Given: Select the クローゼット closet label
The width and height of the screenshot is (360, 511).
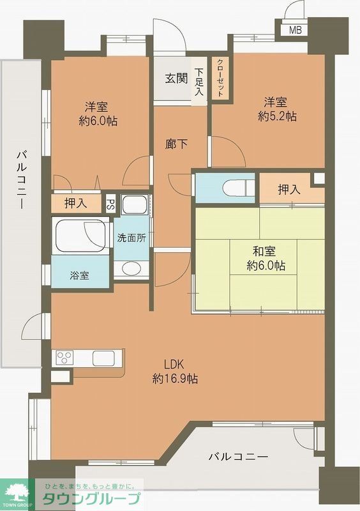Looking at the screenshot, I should [220, 78].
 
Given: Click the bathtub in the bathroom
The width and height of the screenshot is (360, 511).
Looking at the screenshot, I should [79, 236].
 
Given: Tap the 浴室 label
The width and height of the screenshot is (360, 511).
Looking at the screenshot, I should [79, 275].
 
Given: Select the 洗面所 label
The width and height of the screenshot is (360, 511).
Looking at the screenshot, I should [131, 237].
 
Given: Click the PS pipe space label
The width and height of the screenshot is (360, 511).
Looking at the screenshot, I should [110, 204].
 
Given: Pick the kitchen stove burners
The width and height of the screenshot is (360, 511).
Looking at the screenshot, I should [66, 356].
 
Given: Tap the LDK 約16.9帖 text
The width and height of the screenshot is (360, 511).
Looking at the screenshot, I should [174, 372].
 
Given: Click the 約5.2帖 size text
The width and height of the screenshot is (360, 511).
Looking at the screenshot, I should [277, 117].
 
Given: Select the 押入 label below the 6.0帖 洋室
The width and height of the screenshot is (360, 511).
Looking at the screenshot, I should [77, 204].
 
